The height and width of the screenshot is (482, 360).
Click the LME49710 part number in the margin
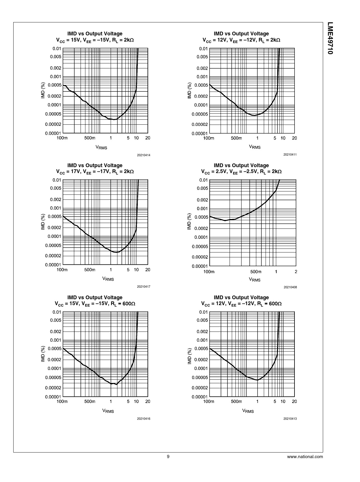[x=330, y=38]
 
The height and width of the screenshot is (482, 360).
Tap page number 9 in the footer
[x=168, y=457]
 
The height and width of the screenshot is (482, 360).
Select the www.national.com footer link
[x=305, y=457]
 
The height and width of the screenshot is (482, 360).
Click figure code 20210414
[x=143, y=155]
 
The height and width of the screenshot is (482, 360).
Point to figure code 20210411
[x=290, y=154]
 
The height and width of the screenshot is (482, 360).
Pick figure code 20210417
[x=143, y=287]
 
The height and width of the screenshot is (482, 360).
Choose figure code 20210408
[x=290, y=287]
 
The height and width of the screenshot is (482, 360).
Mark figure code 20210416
[x=143, y=419]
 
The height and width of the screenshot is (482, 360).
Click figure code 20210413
[x=290, y=419]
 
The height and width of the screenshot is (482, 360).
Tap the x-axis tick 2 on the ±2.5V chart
[x=296, y=272]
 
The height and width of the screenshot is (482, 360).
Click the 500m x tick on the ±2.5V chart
[x=256, y=272]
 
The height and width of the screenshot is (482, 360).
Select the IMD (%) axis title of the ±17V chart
[x=43, y=222]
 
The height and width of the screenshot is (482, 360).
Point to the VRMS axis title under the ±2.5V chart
[x=255, y=279]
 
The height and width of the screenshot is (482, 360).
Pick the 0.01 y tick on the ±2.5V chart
[x=204, y=180]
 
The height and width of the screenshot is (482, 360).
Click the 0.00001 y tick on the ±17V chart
[x=53, y=265]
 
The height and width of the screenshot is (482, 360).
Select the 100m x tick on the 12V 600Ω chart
[x=209, y=401]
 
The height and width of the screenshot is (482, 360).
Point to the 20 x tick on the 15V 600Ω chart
[x=148, y=401]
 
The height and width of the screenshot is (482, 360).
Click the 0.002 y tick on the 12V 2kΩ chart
[x=202, y=68]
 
